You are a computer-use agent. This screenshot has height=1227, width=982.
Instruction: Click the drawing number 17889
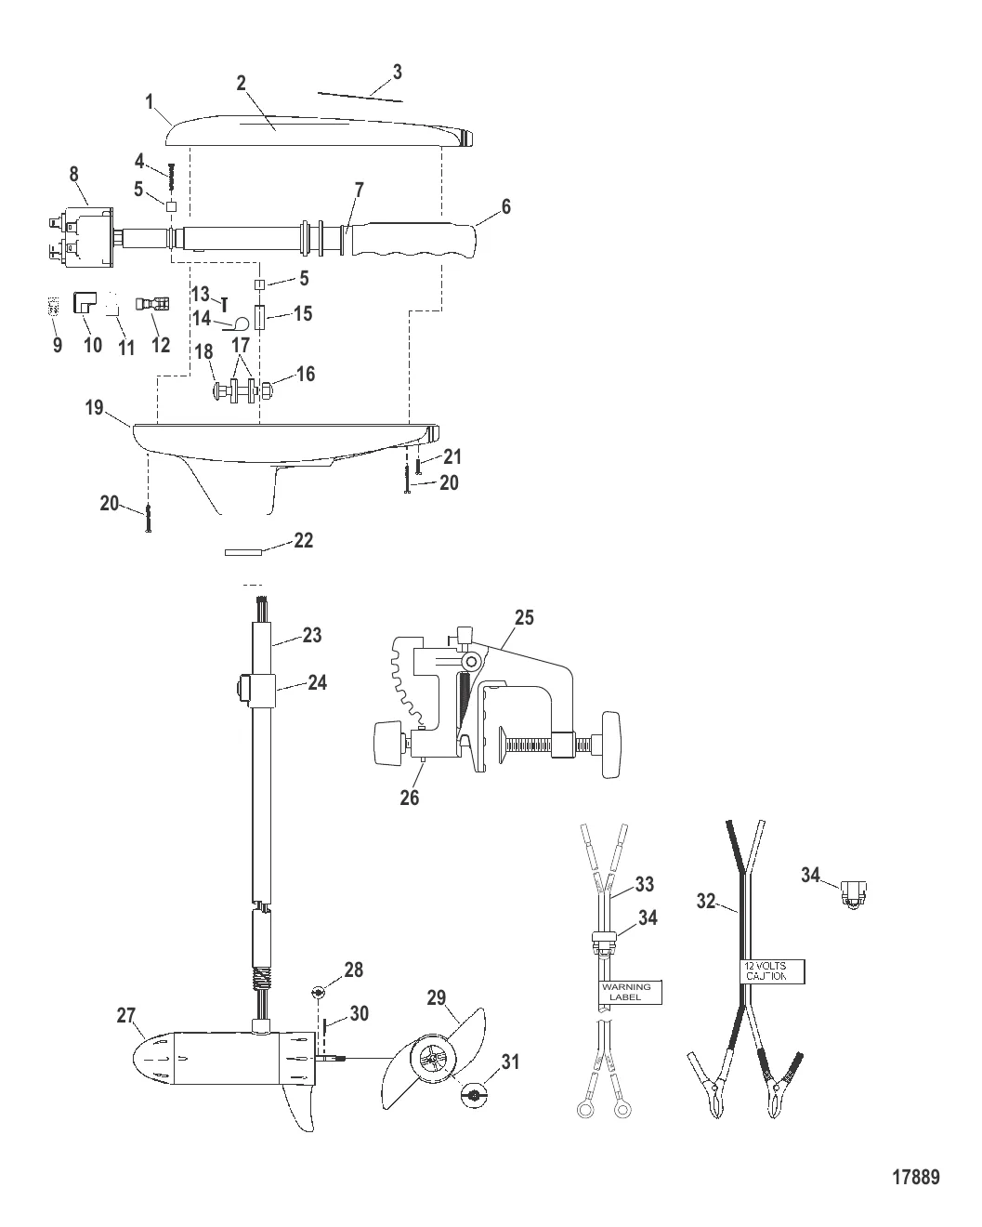pos(916,1178)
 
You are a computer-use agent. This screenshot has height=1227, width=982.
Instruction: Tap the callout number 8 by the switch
pos(74,175)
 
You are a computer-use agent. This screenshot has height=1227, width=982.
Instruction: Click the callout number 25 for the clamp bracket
pos(524,618)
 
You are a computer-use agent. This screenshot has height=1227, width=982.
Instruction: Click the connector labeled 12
pos(151,304)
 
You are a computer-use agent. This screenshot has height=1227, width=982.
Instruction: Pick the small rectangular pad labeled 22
pos(243,552)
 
